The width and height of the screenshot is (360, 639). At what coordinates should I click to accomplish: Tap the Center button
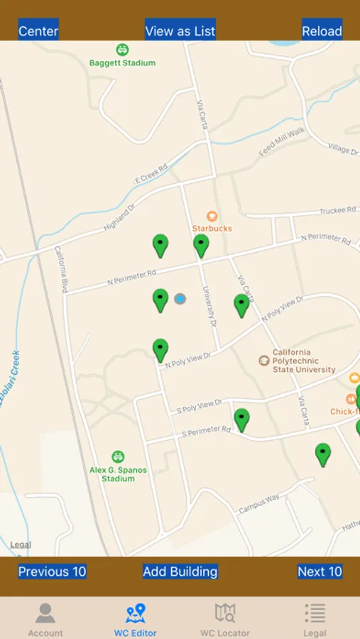tap(38, 31)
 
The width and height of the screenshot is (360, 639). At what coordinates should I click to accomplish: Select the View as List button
tap(180, 31)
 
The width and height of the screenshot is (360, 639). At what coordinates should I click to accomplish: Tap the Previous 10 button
tap(52, 572)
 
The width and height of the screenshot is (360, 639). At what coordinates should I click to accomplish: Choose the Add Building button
tap(180, 572)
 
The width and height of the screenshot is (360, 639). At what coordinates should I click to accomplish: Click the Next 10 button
tap(320, 572)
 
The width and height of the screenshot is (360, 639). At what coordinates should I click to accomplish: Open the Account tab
tap(45, 618)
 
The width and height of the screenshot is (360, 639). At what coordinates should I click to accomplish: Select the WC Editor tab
tap(135, 618)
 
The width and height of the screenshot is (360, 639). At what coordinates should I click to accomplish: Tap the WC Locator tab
tap(224, 618)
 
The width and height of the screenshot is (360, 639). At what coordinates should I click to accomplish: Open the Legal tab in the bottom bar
tap(315, 618)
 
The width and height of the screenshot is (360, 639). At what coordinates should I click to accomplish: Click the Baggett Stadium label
tap(122, 62)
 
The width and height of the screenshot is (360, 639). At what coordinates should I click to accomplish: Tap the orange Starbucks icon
tap(212, 217)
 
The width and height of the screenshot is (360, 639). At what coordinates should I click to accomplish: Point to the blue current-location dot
tap(180, 299)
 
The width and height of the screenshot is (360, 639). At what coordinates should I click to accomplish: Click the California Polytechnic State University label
tap(304, 361)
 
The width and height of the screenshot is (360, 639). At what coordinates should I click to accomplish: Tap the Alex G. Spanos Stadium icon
tap(118, 457)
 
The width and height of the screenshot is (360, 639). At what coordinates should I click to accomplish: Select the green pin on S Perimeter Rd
tap(241, 419)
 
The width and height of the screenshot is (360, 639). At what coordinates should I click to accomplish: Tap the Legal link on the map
tap(21, 545)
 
